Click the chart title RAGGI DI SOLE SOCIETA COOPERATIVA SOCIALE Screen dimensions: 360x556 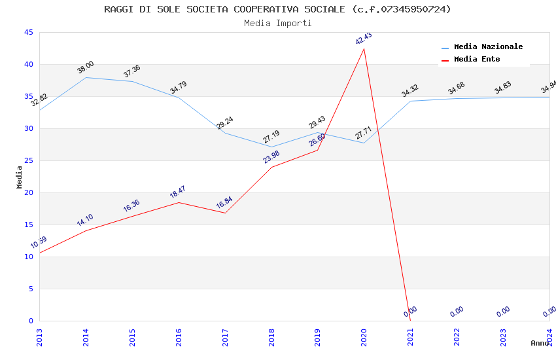(277, 9)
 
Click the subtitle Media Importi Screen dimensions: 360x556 (277, 23)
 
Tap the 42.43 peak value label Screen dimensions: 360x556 (364, 39)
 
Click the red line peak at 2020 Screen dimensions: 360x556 (364, 48)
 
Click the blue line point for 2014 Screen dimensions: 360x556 (86, 77)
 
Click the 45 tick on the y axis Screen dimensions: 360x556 (28, 32)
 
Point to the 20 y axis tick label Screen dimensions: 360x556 (28, 192)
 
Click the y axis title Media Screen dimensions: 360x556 (19, 177)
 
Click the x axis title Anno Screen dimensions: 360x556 (540, 343)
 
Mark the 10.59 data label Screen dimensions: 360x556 (39, 243)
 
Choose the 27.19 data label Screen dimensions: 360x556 (271, 137)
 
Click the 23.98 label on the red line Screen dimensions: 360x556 (271, 157)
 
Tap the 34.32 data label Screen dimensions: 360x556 (410, 91)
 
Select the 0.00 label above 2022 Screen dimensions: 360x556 (457, 312)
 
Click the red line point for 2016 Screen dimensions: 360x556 (179, 202)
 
